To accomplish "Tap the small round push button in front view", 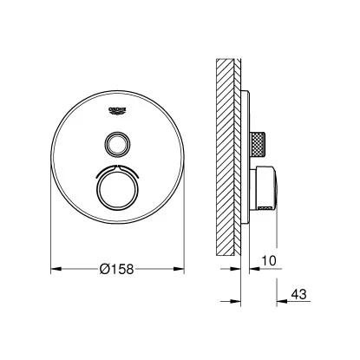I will [115, 141].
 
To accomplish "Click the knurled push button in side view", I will [258, 141].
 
